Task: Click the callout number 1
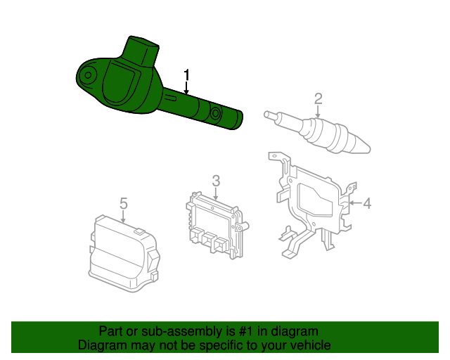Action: [x=187, y=75]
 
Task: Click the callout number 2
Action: [x=319, y=98]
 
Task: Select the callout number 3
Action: [x=216, y=181]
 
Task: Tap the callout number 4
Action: [x=367, y=203]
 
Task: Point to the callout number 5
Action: [x=124, y=203]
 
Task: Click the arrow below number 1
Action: [x=187, y=88]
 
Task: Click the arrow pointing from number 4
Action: [x=355, y=203]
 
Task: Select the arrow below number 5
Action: [x=123, y=217]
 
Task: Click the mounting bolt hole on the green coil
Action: [x=89, y=75]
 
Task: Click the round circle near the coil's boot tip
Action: [x=215, y=113]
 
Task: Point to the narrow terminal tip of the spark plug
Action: [x=271, y=115]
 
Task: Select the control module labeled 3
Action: [x=217, y=226]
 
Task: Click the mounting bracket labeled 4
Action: [x=313, y=204]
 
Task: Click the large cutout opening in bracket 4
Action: [x=315, y=199]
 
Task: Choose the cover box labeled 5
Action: [x=124, y=254]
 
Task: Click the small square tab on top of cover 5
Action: [x=140, y=231]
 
